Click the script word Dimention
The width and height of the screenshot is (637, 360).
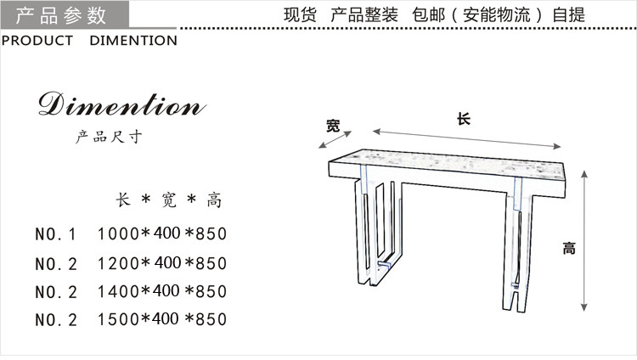click(121, 107)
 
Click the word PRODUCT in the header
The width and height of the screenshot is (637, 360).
click(37, 41)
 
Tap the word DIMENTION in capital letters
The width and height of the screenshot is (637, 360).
click(133, 41)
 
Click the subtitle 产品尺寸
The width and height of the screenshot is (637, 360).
click(108, 138)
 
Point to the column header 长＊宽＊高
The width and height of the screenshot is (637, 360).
click(168, 200)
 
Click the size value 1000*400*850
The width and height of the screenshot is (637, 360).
click(163, 233)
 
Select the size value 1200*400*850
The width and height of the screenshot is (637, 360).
click(163, 262)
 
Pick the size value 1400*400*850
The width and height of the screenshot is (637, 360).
click(163, 291)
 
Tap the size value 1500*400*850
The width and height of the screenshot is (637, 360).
click(163, 320)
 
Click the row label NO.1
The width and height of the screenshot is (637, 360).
click(56, 233)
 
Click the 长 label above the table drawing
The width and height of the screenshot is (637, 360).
click(463, 120)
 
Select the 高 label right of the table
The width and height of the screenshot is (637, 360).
click(568, 249)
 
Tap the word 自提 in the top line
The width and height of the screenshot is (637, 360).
click(568, 15)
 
